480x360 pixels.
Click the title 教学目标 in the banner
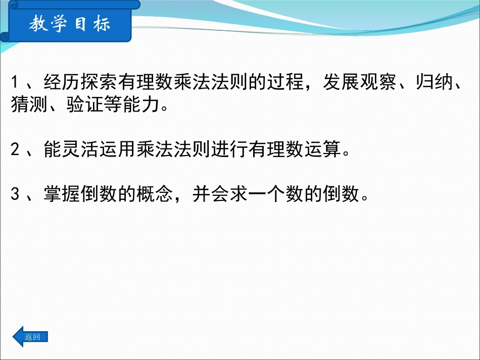click(69, 24)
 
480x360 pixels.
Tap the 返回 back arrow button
click(30, 337)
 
